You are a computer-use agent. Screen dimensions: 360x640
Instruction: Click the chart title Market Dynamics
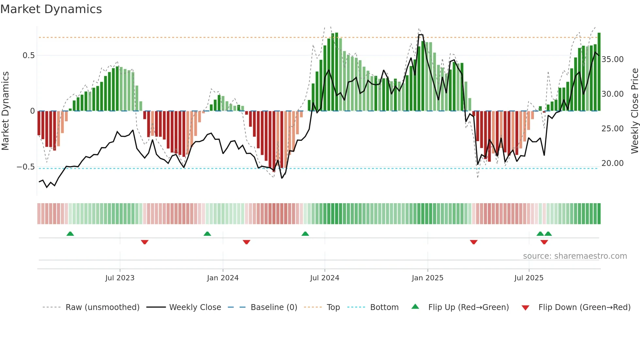coord(51,9)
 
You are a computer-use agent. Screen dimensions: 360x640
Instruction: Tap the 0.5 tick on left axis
coord(28,56)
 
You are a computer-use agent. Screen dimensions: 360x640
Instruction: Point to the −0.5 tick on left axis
coord(26,167)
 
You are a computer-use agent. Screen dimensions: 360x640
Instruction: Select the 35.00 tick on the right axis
coord(612,59)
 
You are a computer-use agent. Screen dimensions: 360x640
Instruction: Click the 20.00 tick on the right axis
coord(612,163)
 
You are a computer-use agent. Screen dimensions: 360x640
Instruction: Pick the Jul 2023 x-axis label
coord(120,278)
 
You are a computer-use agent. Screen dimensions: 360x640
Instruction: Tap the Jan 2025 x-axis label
coord(427,278)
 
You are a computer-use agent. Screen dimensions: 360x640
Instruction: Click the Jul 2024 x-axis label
coord(325,278)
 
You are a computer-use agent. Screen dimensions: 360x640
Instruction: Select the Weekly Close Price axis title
coord(634,111)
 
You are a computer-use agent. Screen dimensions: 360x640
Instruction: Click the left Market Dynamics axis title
coord(5,111)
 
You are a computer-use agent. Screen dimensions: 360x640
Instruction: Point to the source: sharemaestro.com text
coord(575,256)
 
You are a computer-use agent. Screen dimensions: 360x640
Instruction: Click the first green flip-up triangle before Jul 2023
coord(70,234)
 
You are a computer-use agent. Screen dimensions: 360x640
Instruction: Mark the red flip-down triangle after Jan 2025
coord(473,242)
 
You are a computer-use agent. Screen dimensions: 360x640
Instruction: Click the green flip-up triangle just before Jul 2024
coord(305,234)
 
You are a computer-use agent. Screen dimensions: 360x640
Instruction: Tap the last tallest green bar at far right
coord(599,72)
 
